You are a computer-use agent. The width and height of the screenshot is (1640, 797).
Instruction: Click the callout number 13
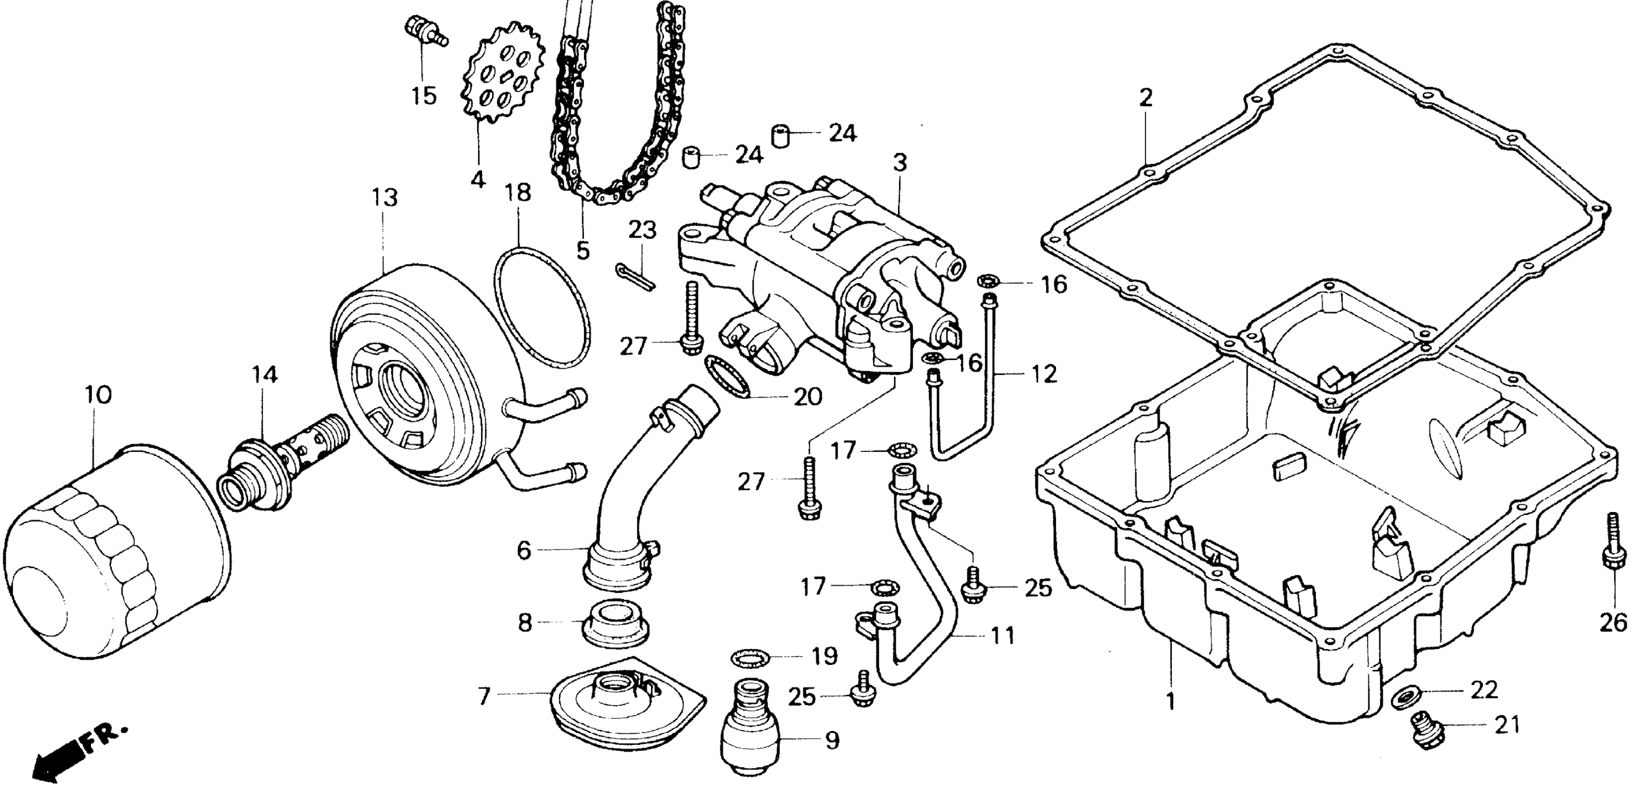point(385,198)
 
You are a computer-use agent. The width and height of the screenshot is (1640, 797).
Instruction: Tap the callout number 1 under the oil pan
point(1171,701)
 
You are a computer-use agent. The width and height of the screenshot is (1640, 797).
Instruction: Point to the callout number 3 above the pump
point(899,164)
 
